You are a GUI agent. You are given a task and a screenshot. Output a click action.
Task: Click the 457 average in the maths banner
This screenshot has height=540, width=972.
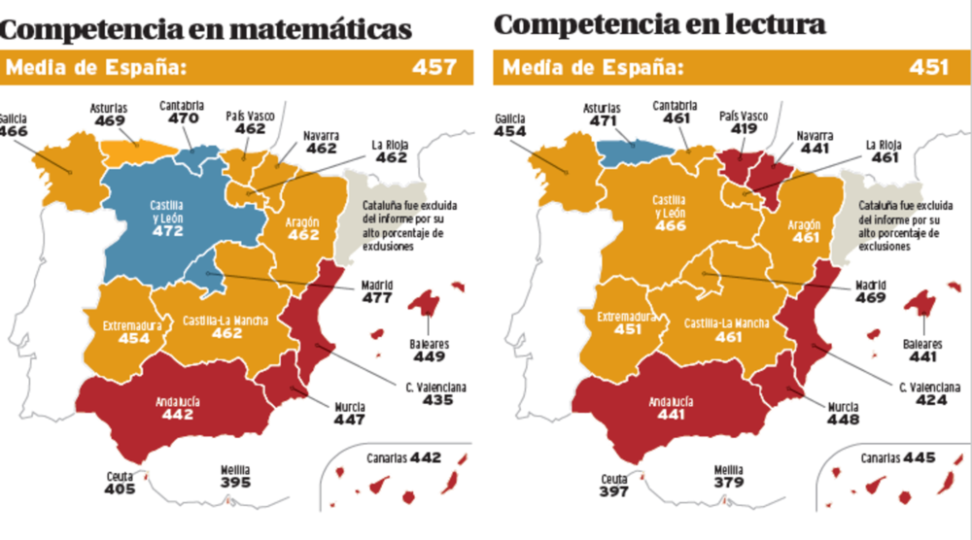434,67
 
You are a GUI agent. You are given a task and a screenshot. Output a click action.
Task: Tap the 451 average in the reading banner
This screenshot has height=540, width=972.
928,67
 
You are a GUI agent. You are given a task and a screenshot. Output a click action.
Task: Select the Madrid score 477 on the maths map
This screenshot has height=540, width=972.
377,298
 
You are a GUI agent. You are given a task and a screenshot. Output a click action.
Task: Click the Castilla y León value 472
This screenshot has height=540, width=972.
168,231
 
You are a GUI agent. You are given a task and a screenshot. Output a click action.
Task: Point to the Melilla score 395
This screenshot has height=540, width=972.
235,483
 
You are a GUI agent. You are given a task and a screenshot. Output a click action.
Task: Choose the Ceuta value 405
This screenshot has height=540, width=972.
120,489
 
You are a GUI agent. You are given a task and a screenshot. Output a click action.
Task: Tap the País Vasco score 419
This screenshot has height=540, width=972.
744,129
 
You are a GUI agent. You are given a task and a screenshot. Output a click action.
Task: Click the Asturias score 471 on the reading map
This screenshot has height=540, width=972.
603,120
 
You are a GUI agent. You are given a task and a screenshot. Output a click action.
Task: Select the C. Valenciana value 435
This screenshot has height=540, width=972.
437,400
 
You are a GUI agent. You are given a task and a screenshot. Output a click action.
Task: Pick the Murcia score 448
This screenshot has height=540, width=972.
843,420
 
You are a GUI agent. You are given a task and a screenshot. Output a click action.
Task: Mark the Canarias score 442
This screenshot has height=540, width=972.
426,458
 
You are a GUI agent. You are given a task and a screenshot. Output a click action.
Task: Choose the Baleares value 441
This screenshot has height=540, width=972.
923,356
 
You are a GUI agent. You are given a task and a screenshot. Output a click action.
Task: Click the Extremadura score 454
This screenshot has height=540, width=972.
134,338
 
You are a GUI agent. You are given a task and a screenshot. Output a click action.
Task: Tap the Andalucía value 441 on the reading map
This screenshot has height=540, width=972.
672,415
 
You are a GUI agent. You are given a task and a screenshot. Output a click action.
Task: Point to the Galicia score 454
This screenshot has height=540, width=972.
510,131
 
